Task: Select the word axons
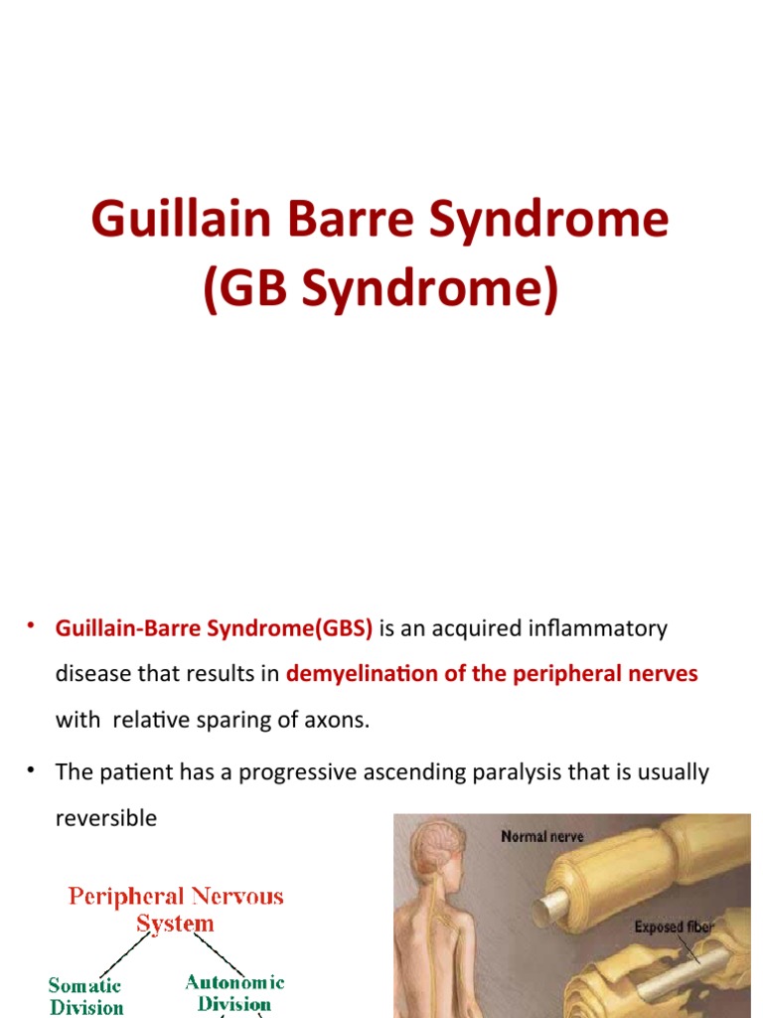(338, 720)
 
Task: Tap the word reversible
(106, 818)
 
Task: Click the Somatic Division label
(86, 996)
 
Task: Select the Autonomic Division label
(234, 993)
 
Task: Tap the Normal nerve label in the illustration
(542, 837)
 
